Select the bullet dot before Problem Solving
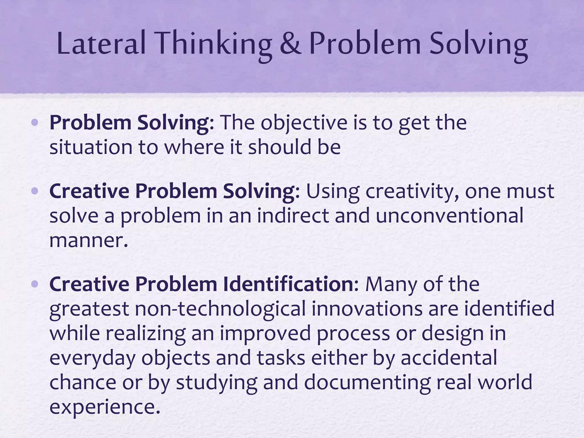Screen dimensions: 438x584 [35, 123]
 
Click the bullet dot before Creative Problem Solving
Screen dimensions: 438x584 [35, 191]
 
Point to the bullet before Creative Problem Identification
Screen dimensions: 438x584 [35, 284]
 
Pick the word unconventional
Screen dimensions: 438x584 [449, 215]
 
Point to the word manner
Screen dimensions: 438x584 [88, 240]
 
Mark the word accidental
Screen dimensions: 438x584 [449, 358]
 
